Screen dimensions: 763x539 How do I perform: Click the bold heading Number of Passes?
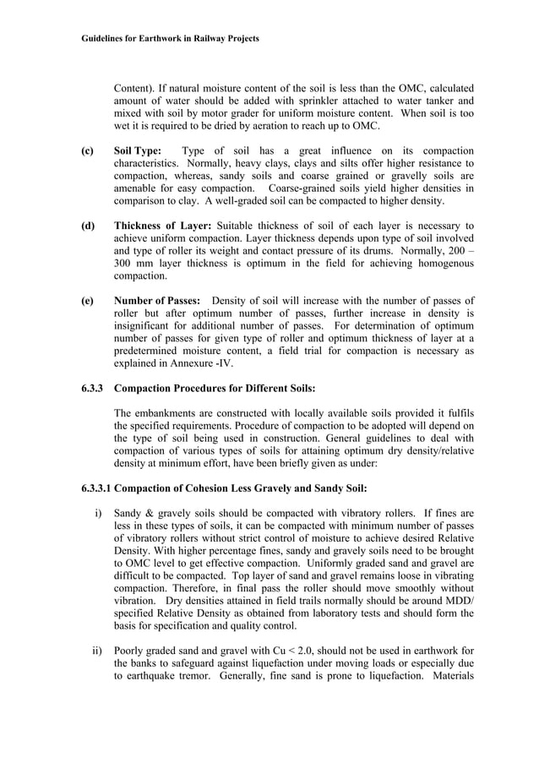click(x=157, y=302)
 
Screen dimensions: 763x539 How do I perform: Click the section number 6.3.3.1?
click(x=97, y=489)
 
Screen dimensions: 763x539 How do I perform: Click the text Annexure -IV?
click(x=199, y=363)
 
